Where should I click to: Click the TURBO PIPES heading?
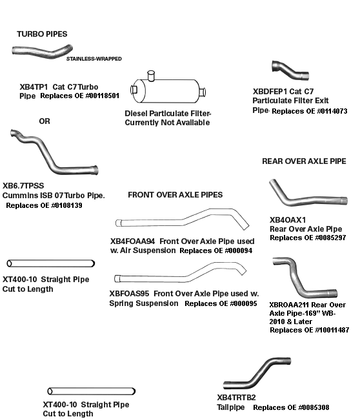[x=42, y=34]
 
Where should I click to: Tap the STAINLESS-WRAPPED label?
[x=94, y=59]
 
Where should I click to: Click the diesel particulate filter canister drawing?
[x=168, y=90]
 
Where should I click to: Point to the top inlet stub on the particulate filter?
[x=151, y=75]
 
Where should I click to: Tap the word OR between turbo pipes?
[x=45, y=121]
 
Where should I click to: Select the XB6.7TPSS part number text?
[x=23, y=186]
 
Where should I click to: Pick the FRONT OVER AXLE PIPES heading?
[x=175, y=195]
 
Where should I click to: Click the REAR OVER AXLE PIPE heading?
[x=304, y=161]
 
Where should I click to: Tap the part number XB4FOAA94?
[x=132, y=241]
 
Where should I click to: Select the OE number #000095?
[x=243, y=303]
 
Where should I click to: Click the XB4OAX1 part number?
[x=288, y=220]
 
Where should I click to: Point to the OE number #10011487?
[x=332, y=330]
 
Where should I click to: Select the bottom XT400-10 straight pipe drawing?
[x=92, y=391]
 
